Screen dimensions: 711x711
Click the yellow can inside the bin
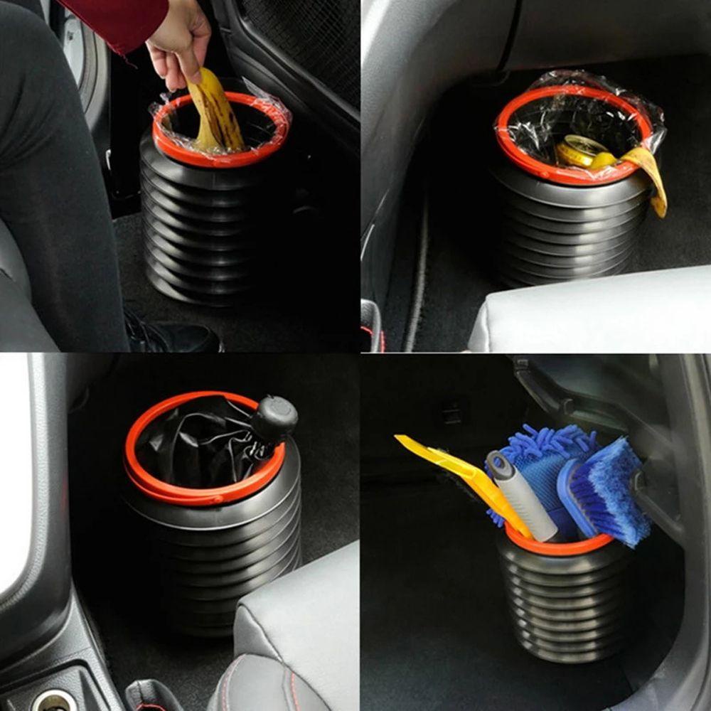(x=579, y=151)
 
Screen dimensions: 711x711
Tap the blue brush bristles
(x=611, y=491)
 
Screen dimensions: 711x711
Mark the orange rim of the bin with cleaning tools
(x=562, y=547)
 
